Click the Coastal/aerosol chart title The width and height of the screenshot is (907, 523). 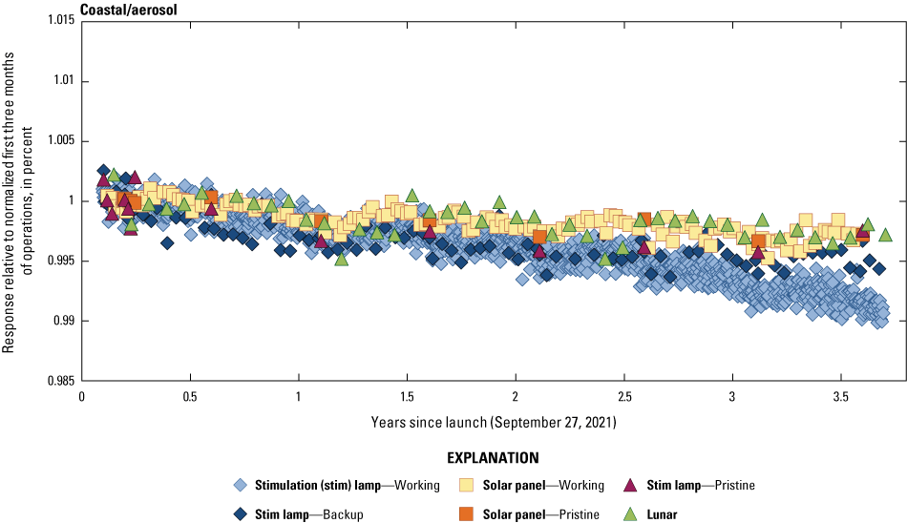coord(129,10)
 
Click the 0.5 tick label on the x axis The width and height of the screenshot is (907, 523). coord(190,396)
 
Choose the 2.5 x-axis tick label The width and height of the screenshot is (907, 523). coord(624,396)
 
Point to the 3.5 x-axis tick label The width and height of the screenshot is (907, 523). coord(841,396)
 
